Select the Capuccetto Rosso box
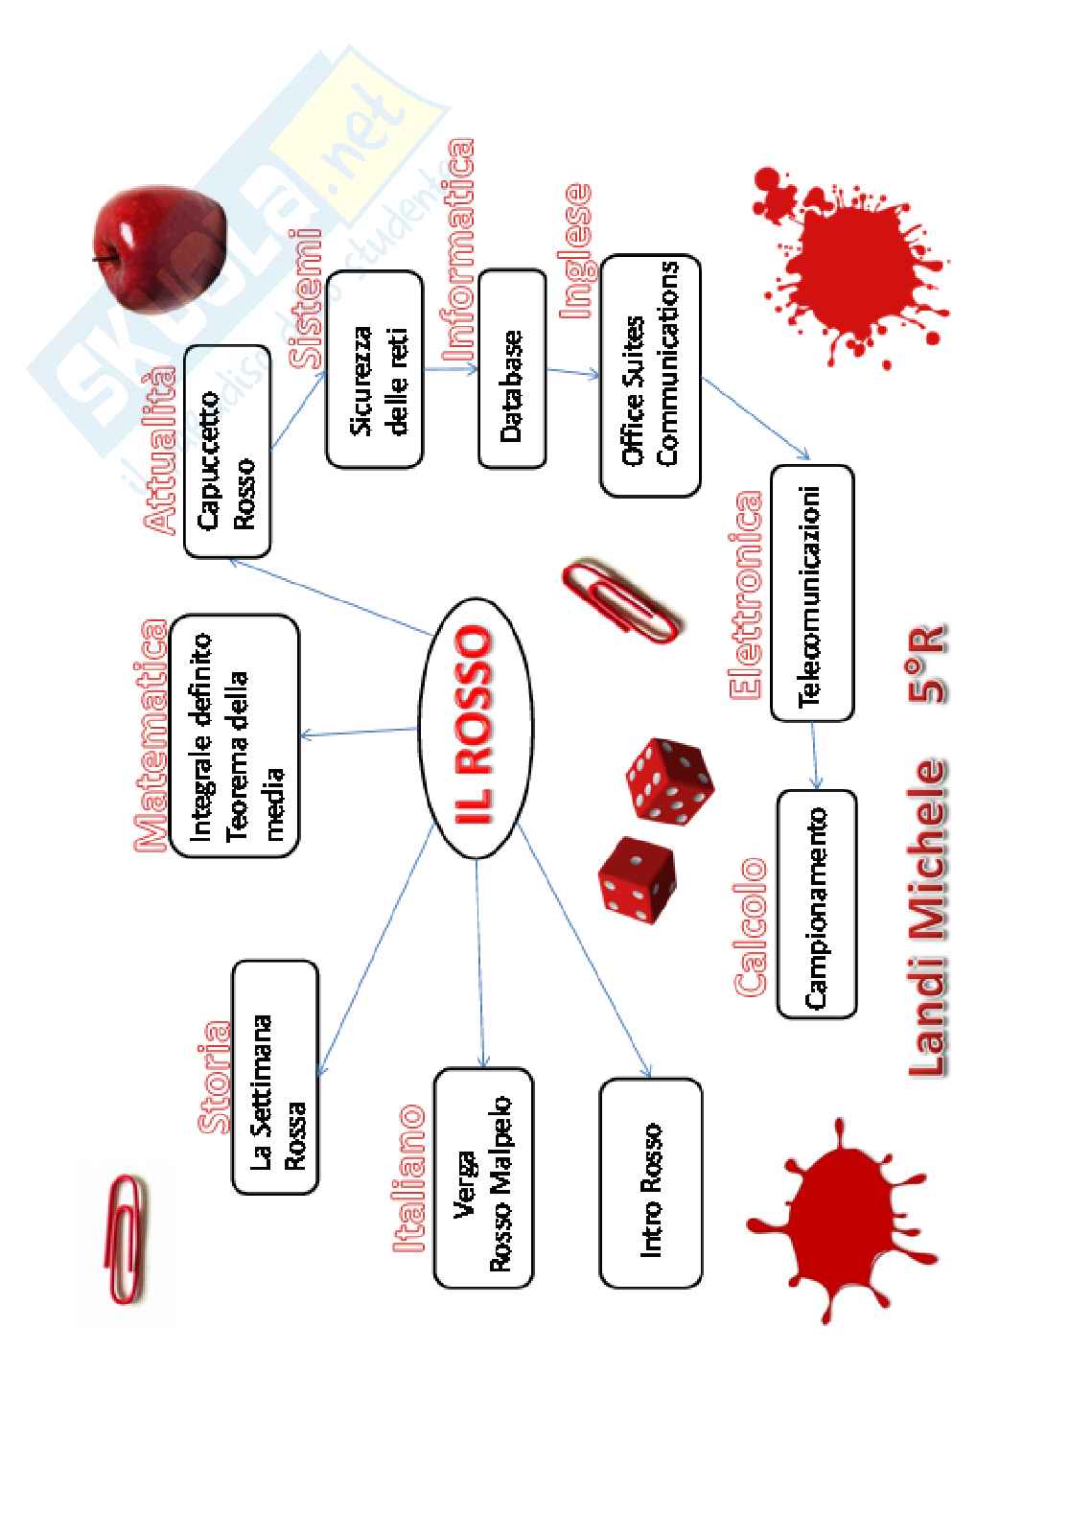pos(226,452)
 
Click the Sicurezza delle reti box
pos(374,369)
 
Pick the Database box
pos(512,369)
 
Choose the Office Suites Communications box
pos(650,375)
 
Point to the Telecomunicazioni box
pos(811,593)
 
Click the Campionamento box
pos(816,903)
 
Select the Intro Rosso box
pos(650,1183)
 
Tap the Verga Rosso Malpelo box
pos(483,1177)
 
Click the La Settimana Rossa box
pos(275,1077)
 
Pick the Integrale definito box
pos(234,735)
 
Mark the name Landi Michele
pos(926,916)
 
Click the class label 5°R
pos(926,665)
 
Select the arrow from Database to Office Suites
pos(573,373)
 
